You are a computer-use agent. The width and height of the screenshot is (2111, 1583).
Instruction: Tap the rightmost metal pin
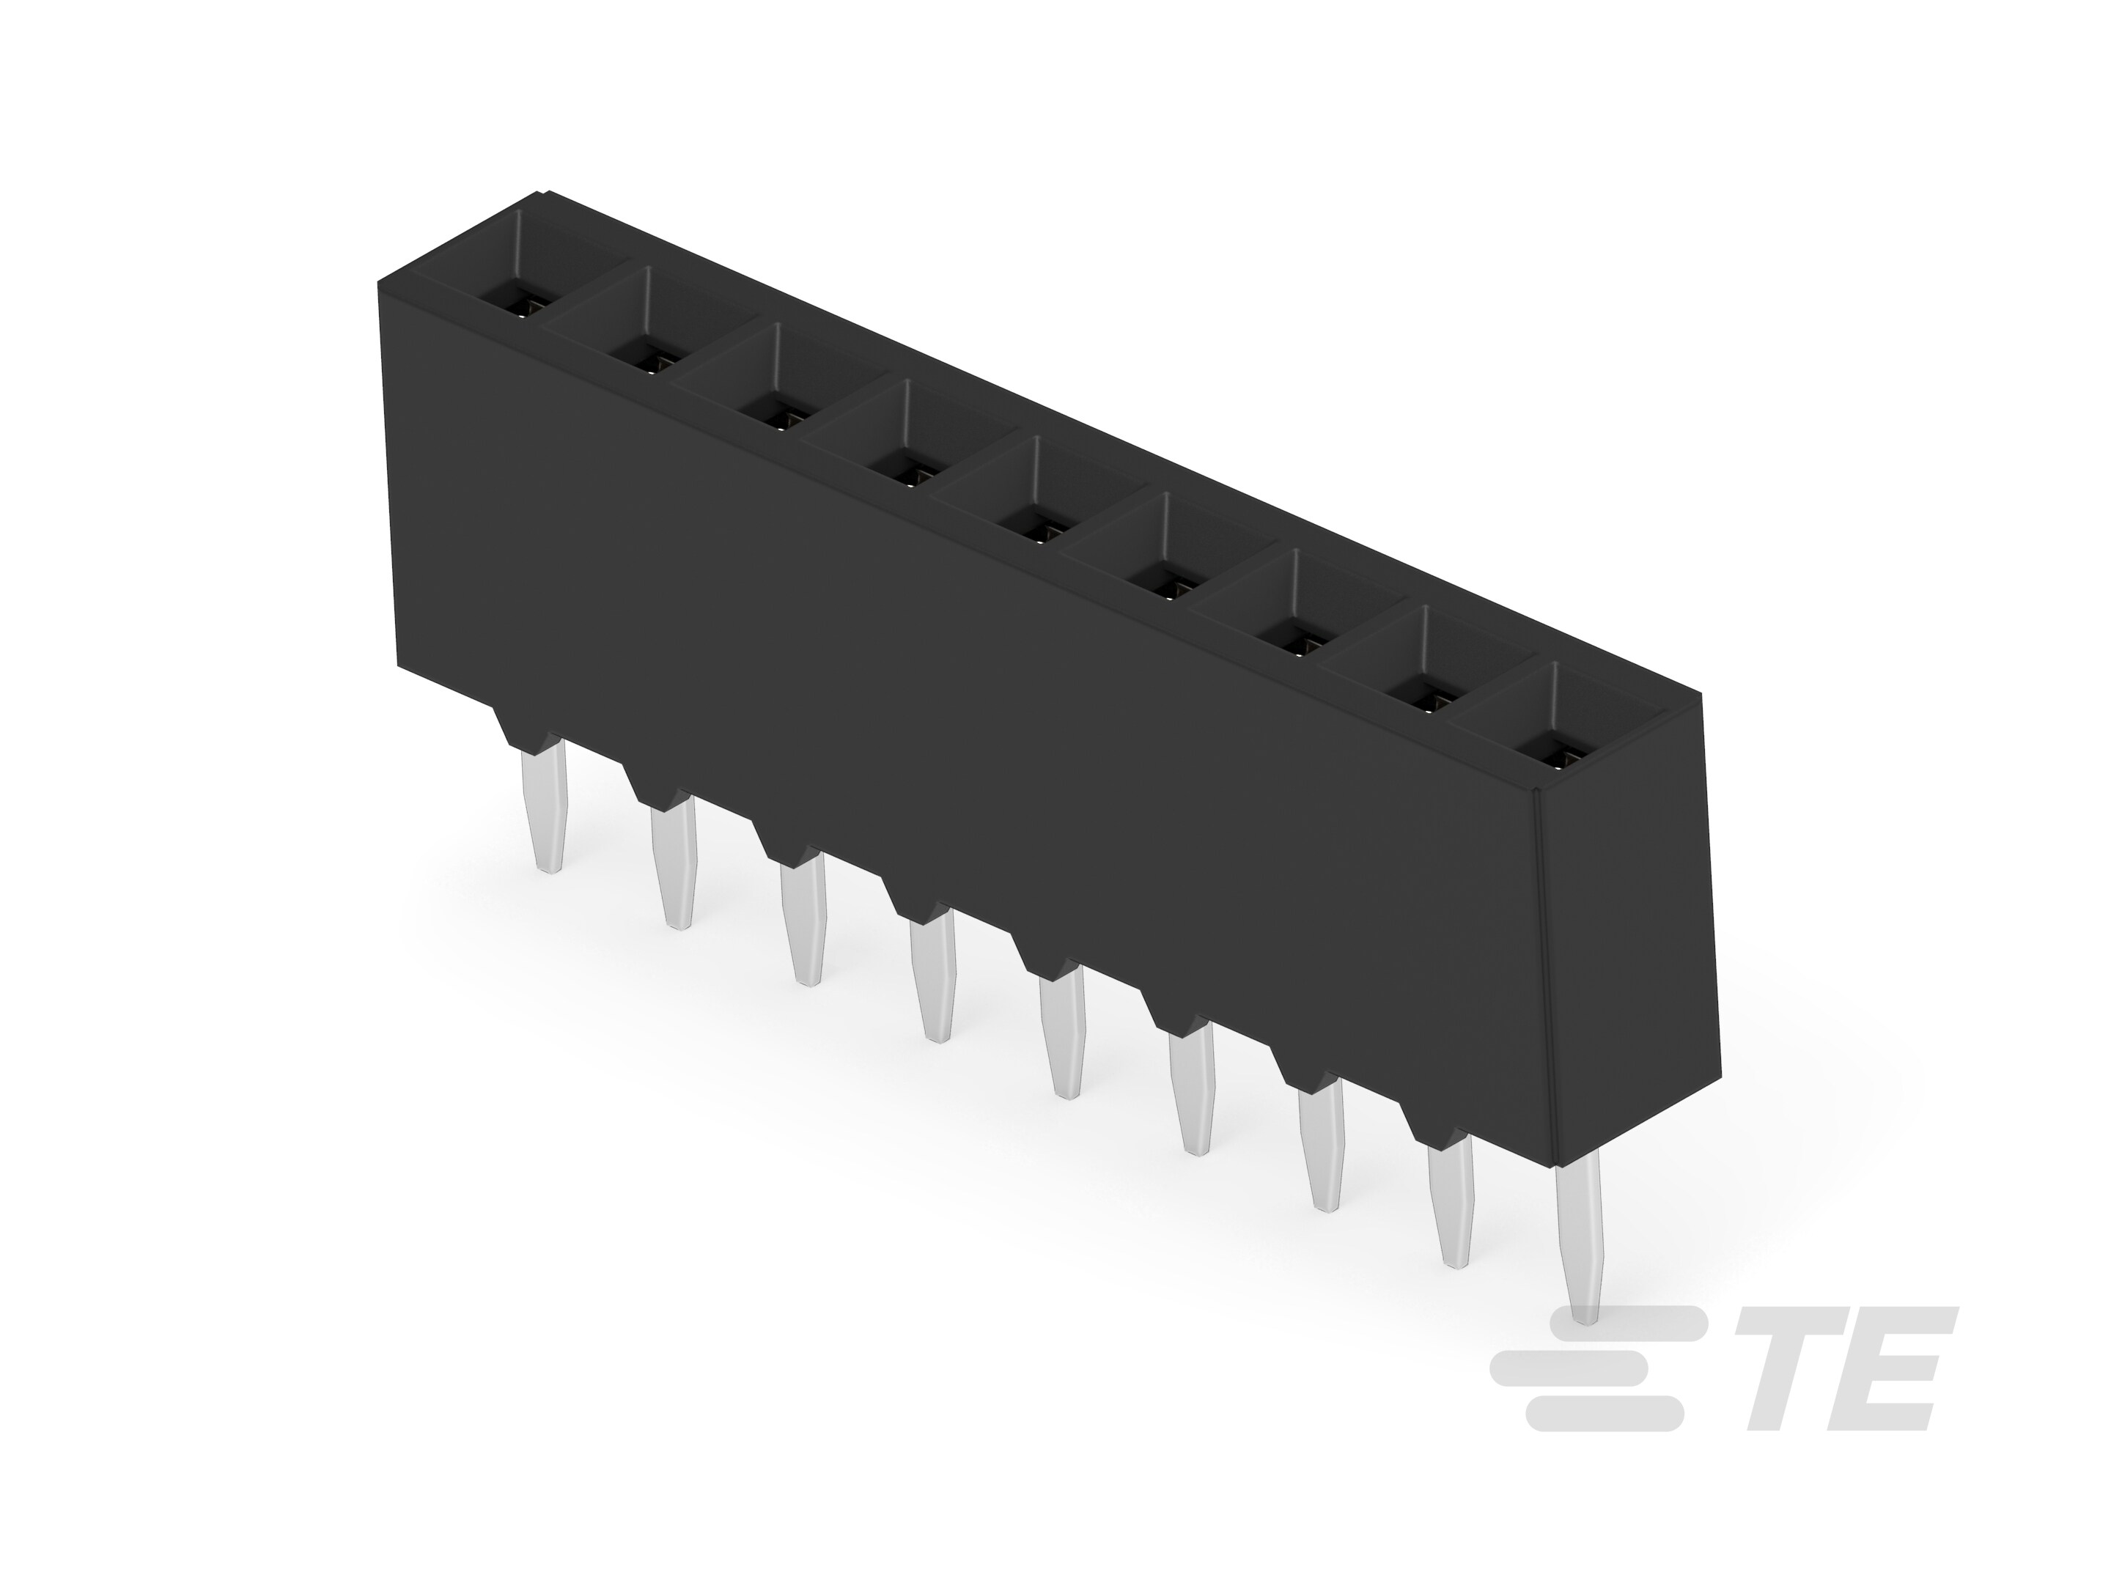tap(1580, 1241)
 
